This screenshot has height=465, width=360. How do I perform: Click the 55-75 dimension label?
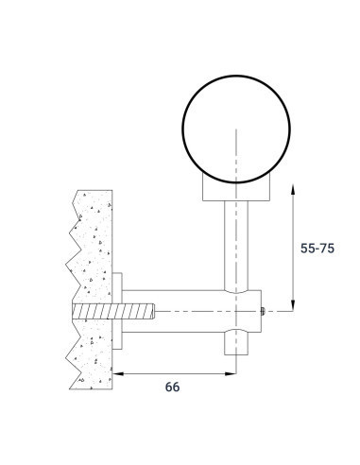[317, 249]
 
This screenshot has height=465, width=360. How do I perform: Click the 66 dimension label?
[172, 387]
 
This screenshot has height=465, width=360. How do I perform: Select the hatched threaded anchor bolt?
[113, 311]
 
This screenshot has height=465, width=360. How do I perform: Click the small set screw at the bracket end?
[263, 311]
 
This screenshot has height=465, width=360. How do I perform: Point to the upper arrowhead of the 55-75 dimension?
[293, 190]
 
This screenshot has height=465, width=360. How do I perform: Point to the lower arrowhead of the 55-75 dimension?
[293, 305]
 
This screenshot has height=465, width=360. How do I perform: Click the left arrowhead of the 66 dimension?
[118, 374]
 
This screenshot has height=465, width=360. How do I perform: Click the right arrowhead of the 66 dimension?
[231, 374]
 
